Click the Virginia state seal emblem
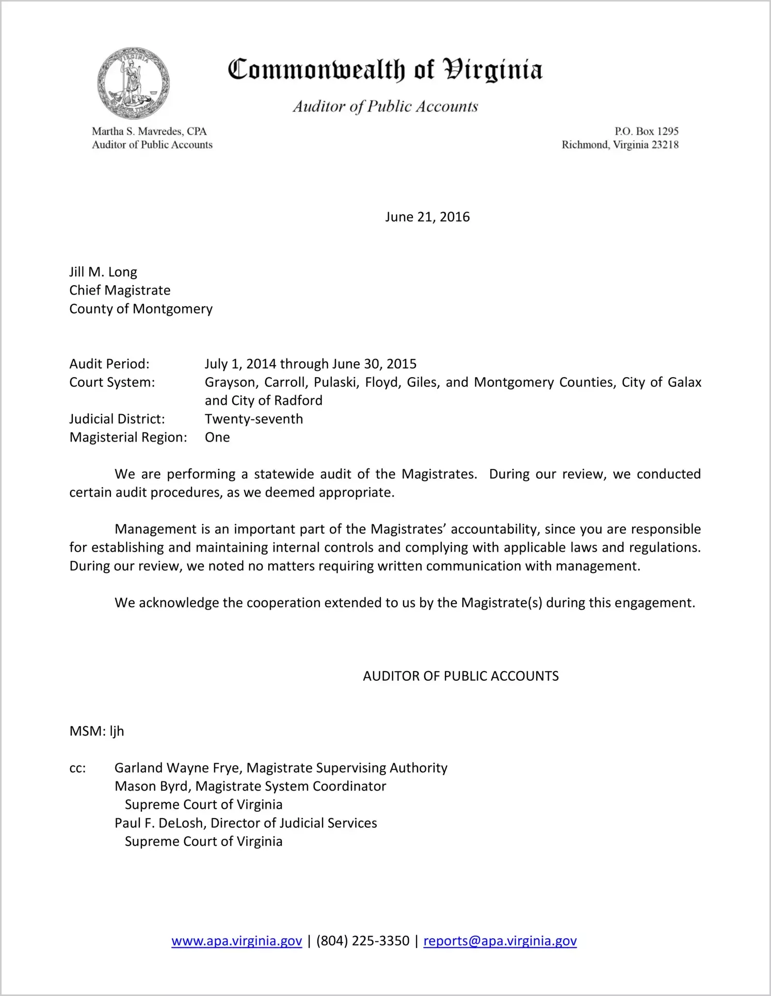[x=133, y=83]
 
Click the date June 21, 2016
[x=427, y=217]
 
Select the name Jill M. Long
[x=103, y=272]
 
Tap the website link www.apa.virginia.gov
[x=236, y=941]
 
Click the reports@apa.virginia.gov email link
[x=500, y=941]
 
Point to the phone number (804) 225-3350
[x=363, y=941]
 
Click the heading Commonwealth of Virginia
[x=385, y=70]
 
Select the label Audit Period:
[x=109, y=364]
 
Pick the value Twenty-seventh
[x=254, y=419]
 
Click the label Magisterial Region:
[x=128, y=437]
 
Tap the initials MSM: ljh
[x=97, y=731]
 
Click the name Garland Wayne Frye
[x=178, y=768]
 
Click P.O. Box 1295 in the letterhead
[x=646, y=132]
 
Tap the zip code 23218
[x=665, y=145]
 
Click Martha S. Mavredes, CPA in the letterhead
[x=149, y=132]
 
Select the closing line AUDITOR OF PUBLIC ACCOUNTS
[x=460, y=676]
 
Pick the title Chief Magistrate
[x=120, y=290]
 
